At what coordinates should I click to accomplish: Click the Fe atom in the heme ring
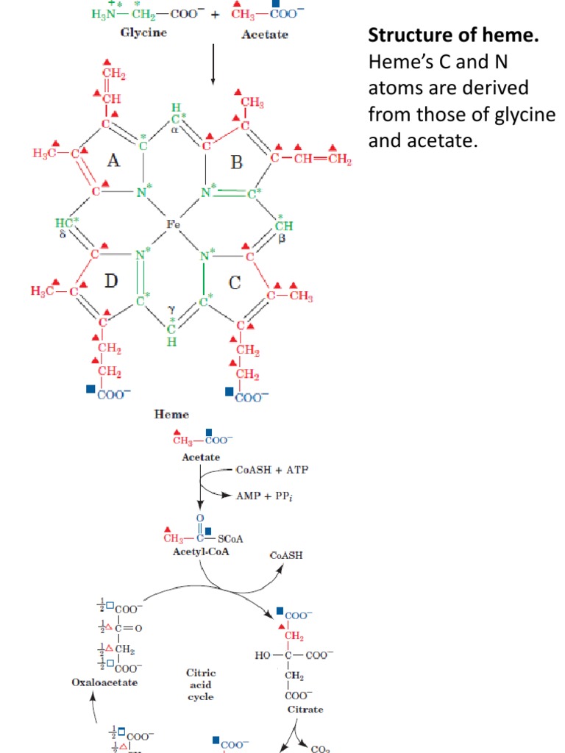[174, 224]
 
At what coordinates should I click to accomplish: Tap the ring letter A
[113, 161]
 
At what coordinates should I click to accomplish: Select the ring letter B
[236, 162]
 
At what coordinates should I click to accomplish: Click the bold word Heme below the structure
[171, 415]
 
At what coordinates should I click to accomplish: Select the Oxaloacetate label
[104, 682]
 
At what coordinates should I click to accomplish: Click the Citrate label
[305, 710]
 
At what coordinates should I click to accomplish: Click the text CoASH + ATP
[271, 470]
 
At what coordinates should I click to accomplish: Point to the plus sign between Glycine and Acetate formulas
[214, 14]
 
